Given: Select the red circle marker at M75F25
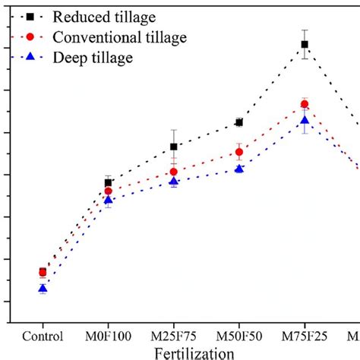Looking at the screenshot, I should tap(305, 104).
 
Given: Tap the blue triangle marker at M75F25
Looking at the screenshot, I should tap(305, 120).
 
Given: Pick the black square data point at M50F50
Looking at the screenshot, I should tap(239, 122).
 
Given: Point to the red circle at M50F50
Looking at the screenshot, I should tap(239, 152).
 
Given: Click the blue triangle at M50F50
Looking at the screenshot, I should tap(239, 169).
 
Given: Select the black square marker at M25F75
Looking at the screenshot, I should tap(174, 147).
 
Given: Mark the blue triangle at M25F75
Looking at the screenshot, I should tap(174, 182).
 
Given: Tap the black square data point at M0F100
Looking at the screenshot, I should tap(108, 183).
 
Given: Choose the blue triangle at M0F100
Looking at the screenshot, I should tap(108, 201).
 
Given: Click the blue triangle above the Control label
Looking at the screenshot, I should tap(43, 289).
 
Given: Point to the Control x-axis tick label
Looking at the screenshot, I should tap(43, 336).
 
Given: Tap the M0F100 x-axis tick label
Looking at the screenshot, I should tap(108, 336).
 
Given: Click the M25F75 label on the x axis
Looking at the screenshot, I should tap(174, 336).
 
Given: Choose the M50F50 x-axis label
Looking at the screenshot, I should tap(239, 336).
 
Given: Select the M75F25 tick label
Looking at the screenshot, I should tap(305, 336).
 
